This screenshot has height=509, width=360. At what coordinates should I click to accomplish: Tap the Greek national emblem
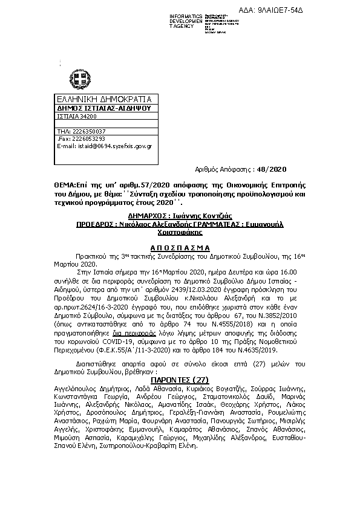click(79, 79)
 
